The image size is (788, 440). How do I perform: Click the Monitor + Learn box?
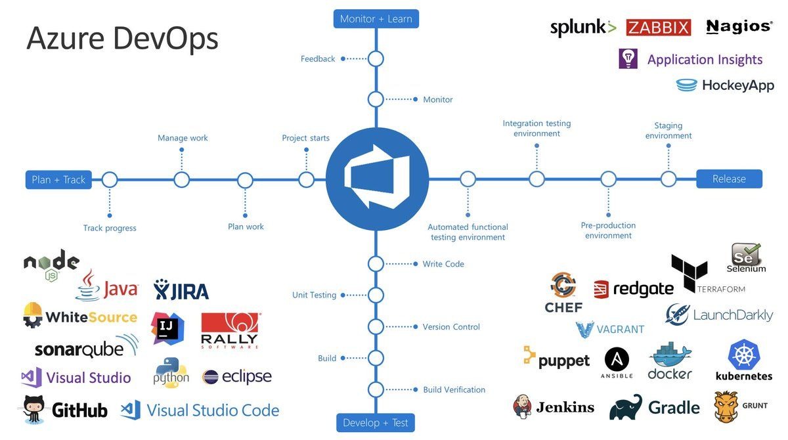[x=376, y=19]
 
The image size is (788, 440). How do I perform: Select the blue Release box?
[x=729, y=179]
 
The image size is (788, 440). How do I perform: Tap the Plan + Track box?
[x=58, y=179]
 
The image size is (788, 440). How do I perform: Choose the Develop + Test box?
[x=376, y=422]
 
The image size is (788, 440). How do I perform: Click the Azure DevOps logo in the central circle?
[x=377, y=179]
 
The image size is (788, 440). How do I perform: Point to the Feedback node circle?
[x=376, y=59]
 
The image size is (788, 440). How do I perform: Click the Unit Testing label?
[x=314, y=295]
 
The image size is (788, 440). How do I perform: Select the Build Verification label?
[x=454, y=389]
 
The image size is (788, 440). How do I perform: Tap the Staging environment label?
[x=668, y=131]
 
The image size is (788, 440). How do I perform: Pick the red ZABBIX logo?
[x=659, y=28]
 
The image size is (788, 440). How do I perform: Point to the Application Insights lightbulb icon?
[x=628, y=59]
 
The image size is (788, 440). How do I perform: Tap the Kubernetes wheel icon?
[x=744, y=355]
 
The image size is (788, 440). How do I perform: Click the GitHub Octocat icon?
[x=34, y=409]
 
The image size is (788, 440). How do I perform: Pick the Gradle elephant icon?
[x=625, y=407]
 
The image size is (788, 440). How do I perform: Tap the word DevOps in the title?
[x=165, y=39]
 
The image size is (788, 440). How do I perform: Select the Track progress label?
[x=110, y=228]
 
